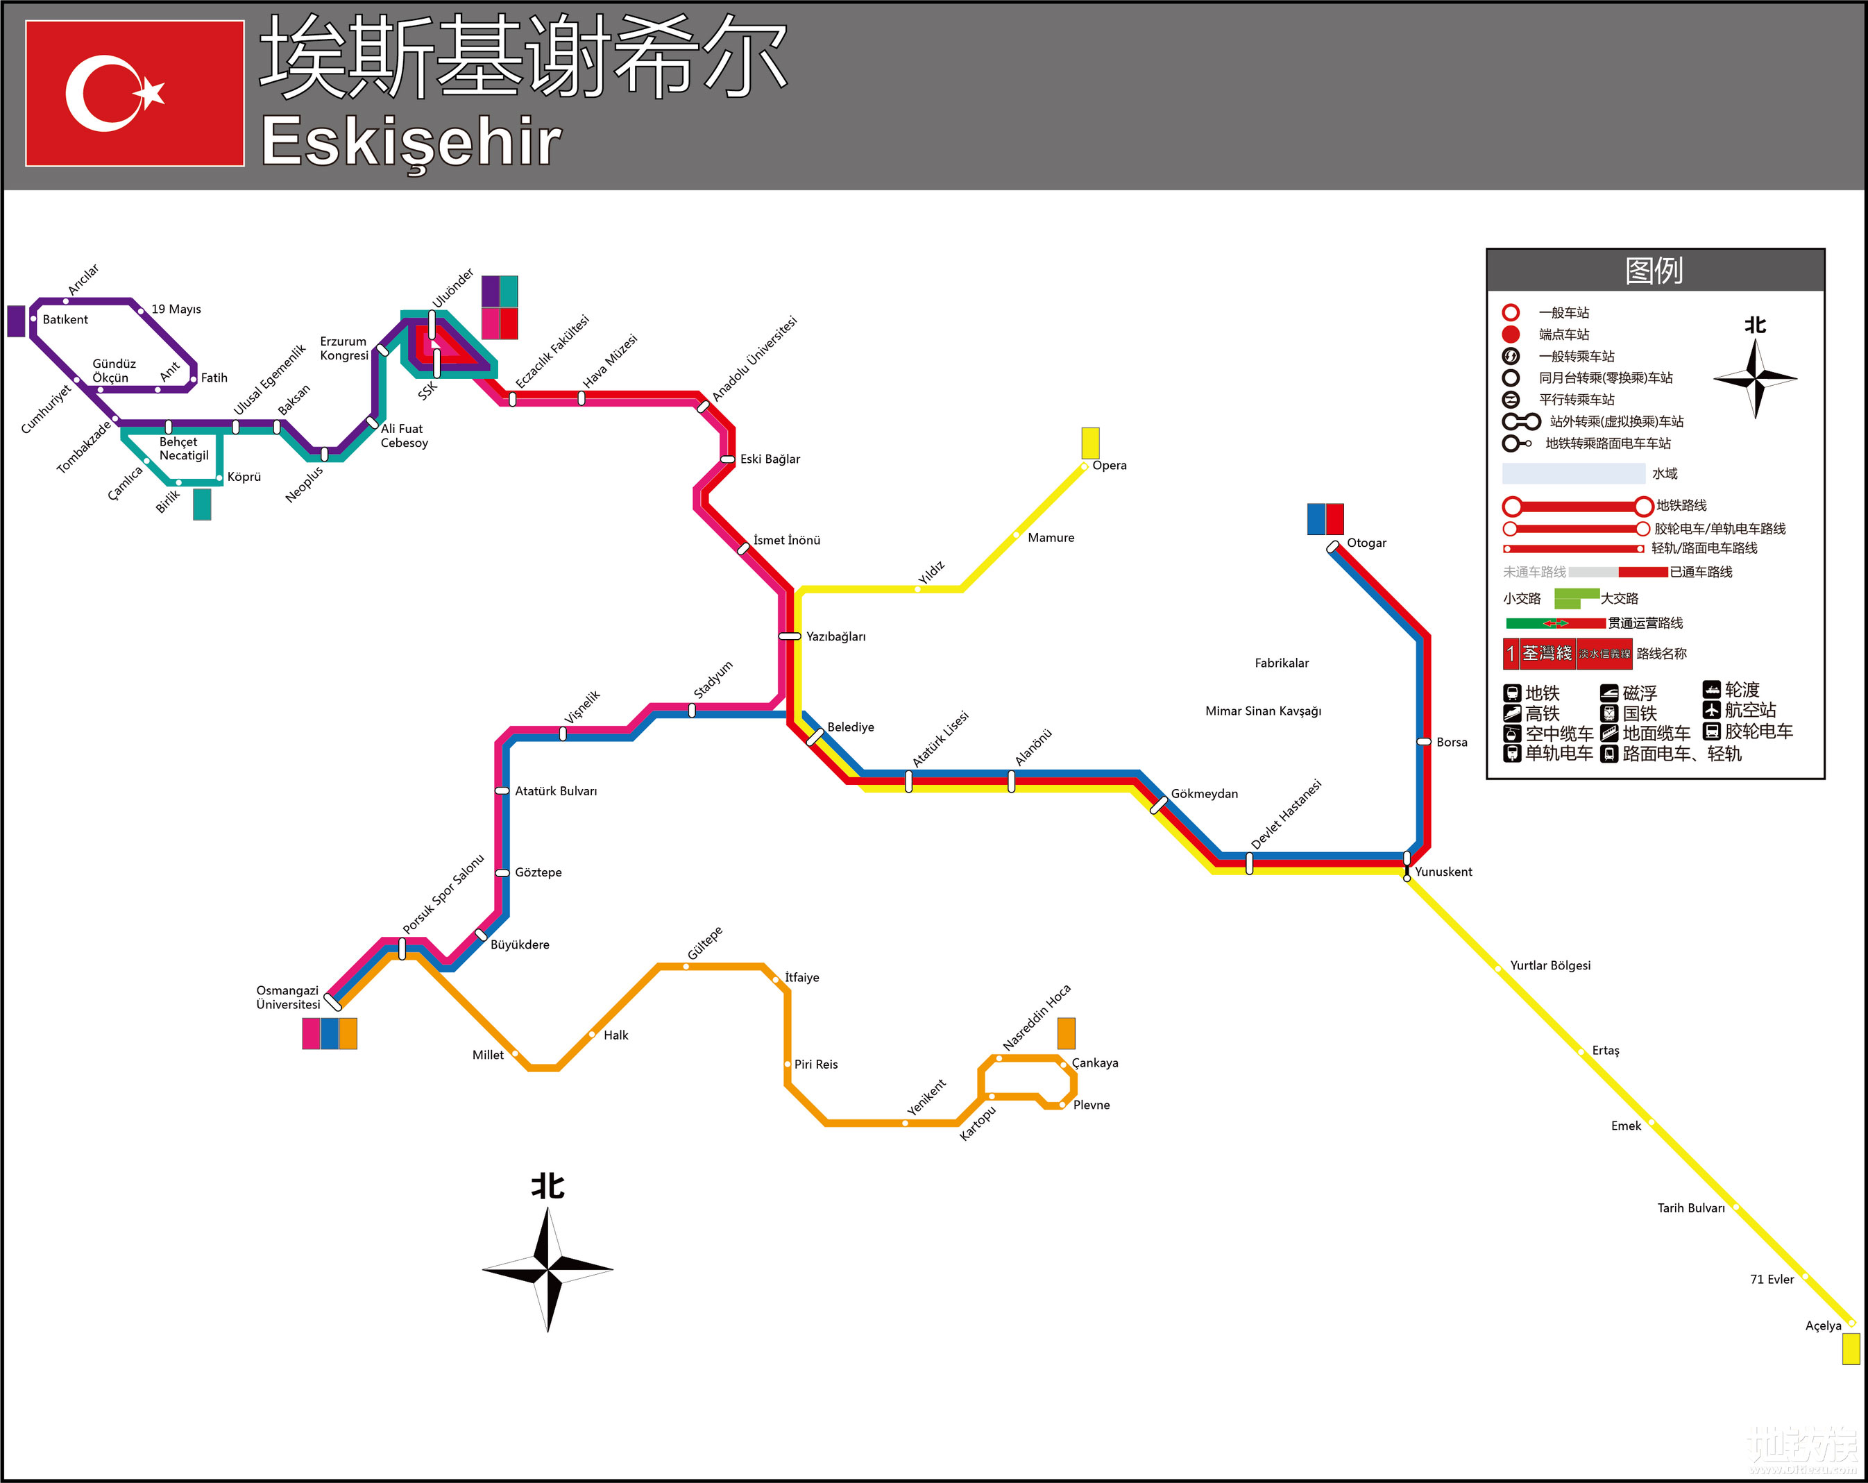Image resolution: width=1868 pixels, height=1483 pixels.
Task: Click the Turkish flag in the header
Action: click(x=135, y=93)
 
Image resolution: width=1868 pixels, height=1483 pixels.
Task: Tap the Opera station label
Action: click(x=1109, y=465)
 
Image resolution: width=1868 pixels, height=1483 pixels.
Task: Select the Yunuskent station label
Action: click(x=1443, y=872)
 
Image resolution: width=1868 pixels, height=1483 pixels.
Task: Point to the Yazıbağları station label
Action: click(x=835, y=636)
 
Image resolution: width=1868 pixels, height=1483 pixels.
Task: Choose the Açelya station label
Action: click(x=1823, y=1325)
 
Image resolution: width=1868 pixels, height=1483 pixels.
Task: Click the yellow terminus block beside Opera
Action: click(x=1090, y=443)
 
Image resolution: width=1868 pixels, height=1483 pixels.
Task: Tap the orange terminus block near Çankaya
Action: click(x=1066, y=1033)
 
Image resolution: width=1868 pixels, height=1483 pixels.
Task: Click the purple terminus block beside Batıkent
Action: click(x=15, y=321)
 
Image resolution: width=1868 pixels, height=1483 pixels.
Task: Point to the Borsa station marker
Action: click(x=1423, y=741)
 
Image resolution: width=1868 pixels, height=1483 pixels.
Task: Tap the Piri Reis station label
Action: click(x=815, y=1064)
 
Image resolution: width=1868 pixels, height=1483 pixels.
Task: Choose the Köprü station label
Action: click(x=244, y=477)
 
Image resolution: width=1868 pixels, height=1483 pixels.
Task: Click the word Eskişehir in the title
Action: click(x=411, y=141)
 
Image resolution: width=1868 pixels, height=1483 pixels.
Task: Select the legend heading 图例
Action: click(x=1654, y=270)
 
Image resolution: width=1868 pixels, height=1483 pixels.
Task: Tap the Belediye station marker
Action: click(x=815, y=737)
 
